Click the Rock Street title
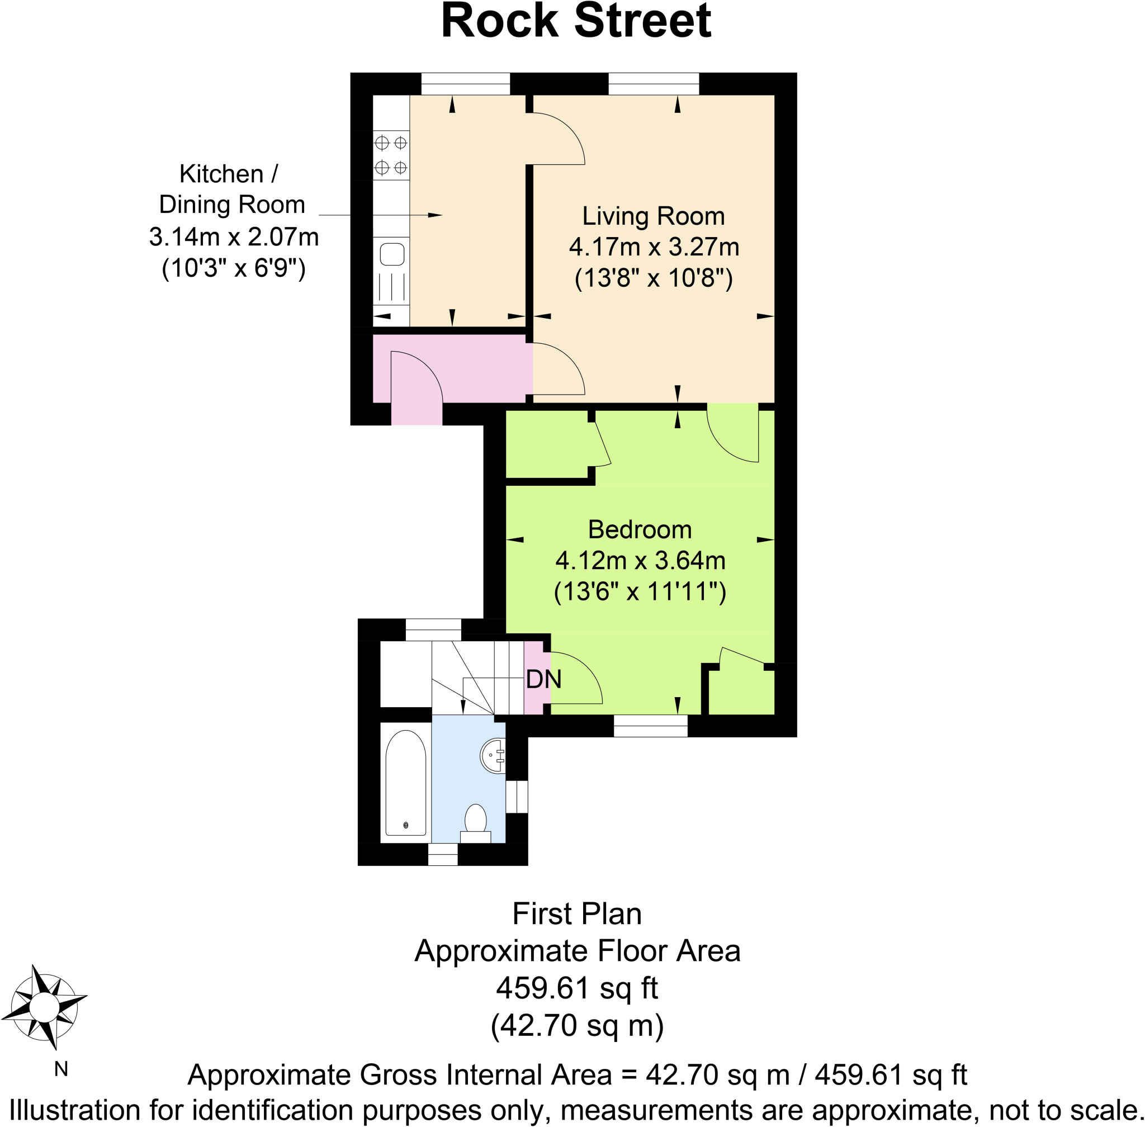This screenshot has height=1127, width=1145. point(575,21)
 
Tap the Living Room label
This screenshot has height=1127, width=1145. point(653,216)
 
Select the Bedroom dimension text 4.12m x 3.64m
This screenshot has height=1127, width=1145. point(640,560)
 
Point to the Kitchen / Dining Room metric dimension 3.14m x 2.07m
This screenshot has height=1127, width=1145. point(233,237)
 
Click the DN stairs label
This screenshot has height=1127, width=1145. point(543,679)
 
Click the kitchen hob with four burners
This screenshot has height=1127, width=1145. point(391,155)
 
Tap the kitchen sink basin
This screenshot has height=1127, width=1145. point(392,255)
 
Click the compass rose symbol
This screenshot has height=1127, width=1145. point(44,1006)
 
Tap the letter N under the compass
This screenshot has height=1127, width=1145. point(61,1069)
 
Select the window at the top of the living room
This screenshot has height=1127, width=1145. point(654,84)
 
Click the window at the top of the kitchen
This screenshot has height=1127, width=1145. point(465,84)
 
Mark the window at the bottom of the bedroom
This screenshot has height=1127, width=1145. point(650,726)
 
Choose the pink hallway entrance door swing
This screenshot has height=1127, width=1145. point(416,379)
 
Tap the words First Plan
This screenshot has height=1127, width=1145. point(576,913)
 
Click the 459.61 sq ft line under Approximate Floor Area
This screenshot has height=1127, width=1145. point(576,988)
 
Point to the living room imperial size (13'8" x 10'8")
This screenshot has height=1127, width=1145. point(654,278)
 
